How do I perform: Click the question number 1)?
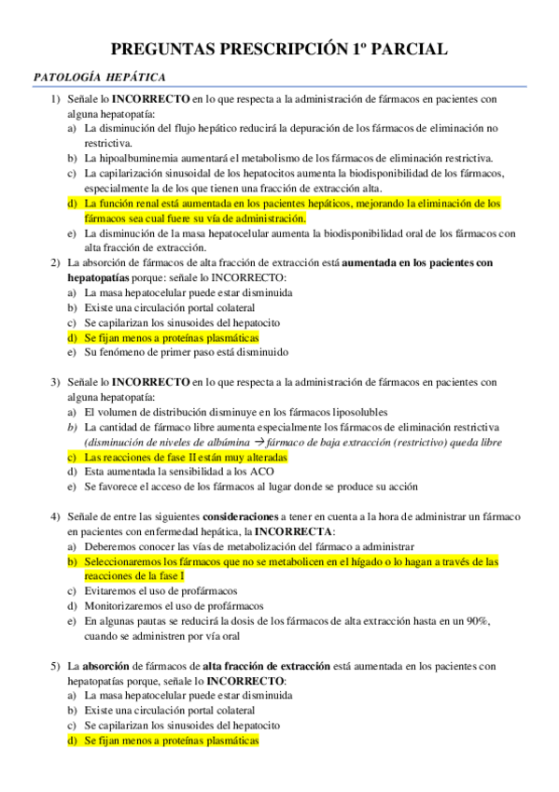[56, 98]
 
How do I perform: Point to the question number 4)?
[56, 516]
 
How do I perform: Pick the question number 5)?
[56, 666]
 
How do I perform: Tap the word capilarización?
[133, 173]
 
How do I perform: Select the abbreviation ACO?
[261, 472]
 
